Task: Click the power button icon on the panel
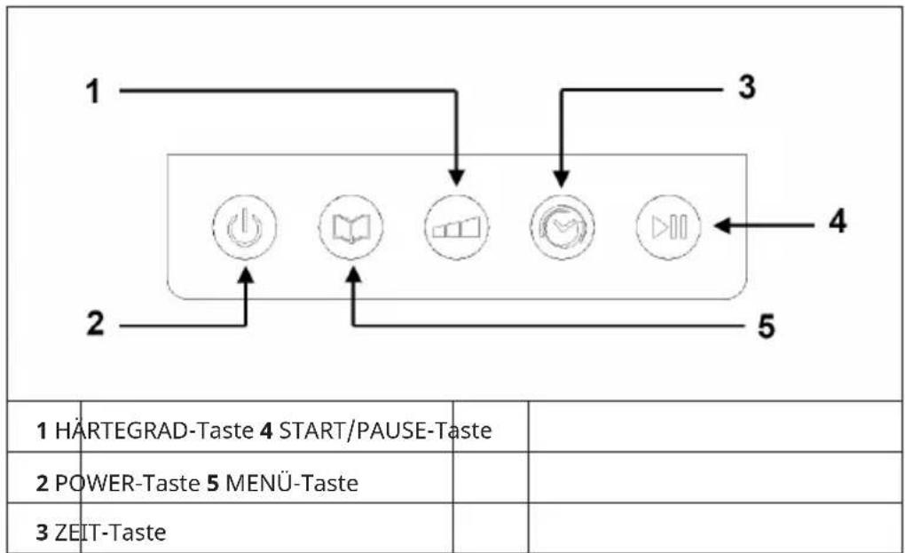tap(245, 227)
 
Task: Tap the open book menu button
tap(351, 227)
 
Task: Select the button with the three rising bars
tap(457, 227)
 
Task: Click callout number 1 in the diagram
tap(93, 91)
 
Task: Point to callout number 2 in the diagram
tap(95, 323)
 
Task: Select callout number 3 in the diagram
tap(747, 87)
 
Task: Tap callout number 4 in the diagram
tap(838, 221)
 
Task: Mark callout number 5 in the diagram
tap(766, 327)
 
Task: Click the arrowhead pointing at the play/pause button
tap(722, 225)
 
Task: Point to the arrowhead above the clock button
tap(563, 179)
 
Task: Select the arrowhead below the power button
tap(246, 276)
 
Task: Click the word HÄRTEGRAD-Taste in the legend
tap(154, 431)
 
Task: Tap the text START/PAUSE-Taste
tap(386, 431)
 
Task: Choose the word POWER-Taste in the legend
tap(127, 483)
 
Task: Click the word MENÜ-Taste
tap(292, 483)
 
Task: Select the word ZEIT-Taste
tap(110, 533)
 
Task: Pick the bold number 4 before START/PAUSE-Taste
tap(265, 431)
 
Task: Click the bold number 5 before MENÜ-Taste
tap(213, 484)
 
